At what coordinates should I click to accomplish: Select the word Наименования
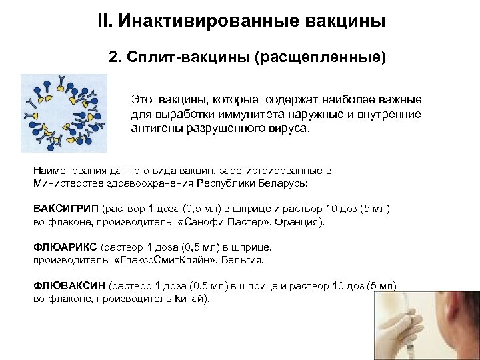click(x=70, y=171)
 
